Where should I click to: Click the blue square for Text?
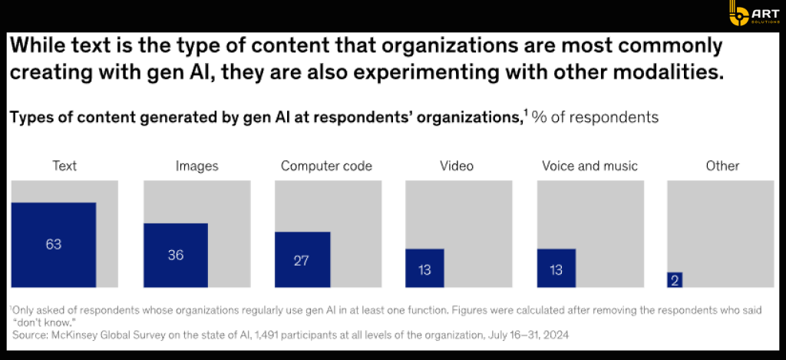[x=53, y=245]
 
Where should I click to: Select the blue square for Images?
[x=175, y=255]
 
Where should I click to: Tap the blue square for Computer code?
[x=302, y=259]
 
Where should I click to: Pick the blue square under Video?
[x=424, y=268]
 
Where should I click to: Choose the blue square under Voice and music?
[x=556, y=268]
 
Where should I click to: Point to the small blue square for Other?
[x=675, y=280]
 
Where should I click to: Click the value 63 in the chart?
[x=53, y=245]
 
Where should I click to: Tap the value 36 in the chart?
[x=176, y=255]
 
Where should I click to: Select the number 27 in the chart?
[x=301, y=260]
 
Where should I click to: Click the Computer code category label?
[x=326, y=166]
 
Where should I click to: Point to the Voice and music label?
[x=589, y=166]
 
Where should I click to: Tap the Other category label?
[x=722, y=166]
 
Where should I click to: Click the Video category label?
[x=457, y=166]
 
